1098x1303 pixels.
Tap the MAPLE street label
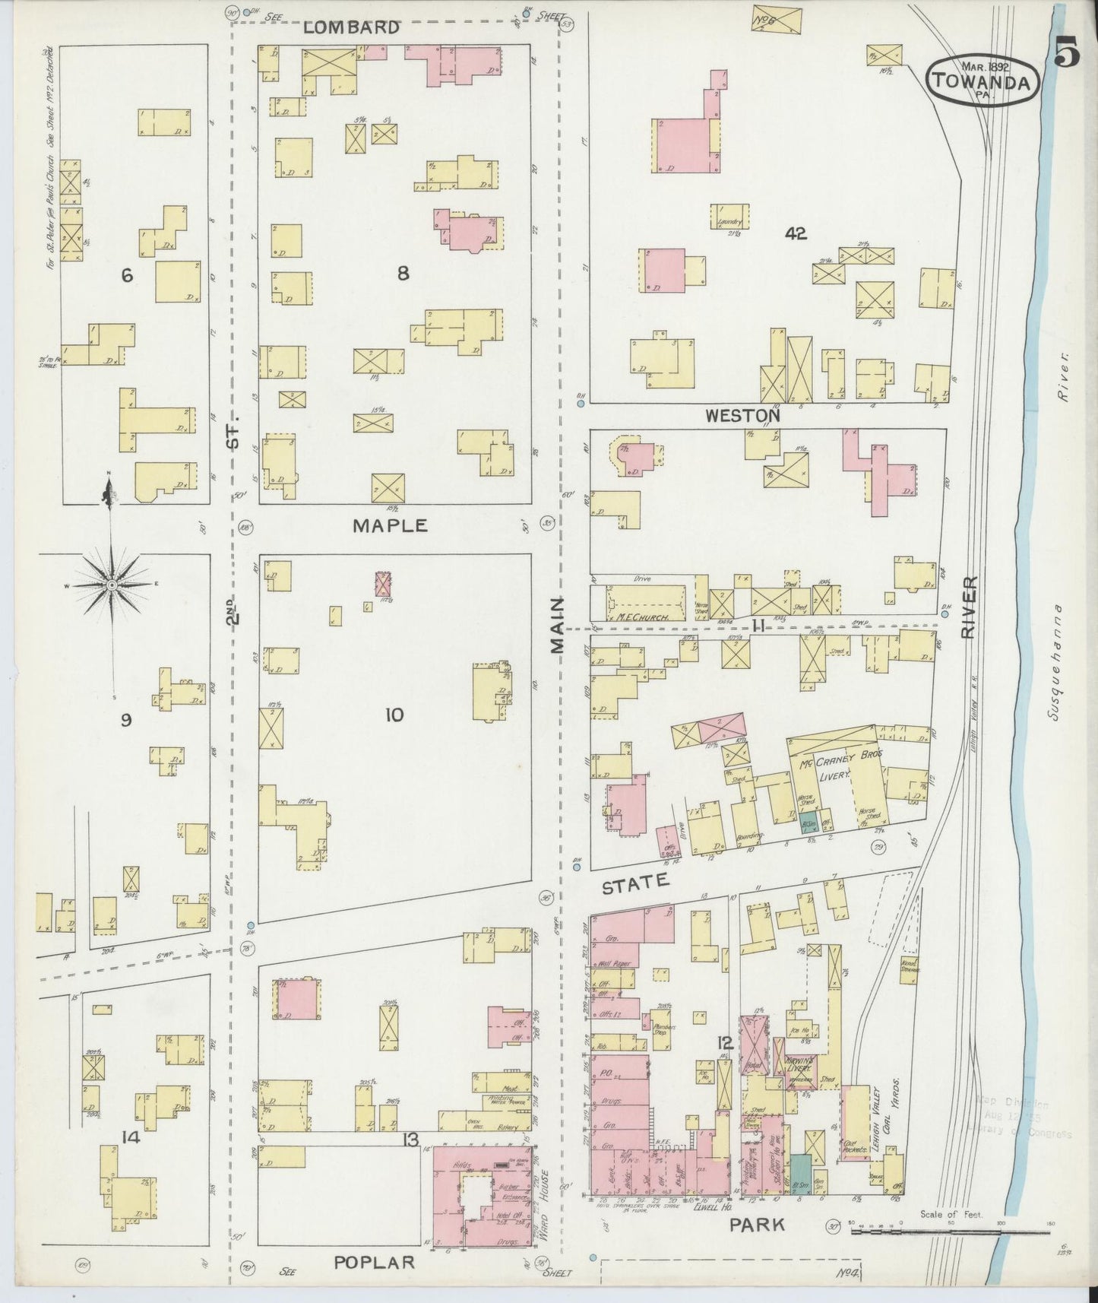coord(390,525)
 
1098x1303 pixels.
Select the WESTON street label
coord(742,415)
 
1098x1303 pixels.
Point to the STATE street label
coord(635,884)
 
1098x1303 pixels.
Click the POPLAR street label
coord(375,1263)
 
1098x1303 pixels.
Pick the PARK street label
coord(757,1224)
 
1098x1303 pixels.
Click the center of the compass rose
coord(111,585)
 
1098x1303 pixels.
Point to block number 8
coord(403,274)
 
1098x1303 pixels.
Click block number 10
coord(394,715)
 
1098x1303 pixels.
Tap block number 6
coord(127,275)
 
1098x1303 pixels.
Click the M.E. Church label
coord(643,618)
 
